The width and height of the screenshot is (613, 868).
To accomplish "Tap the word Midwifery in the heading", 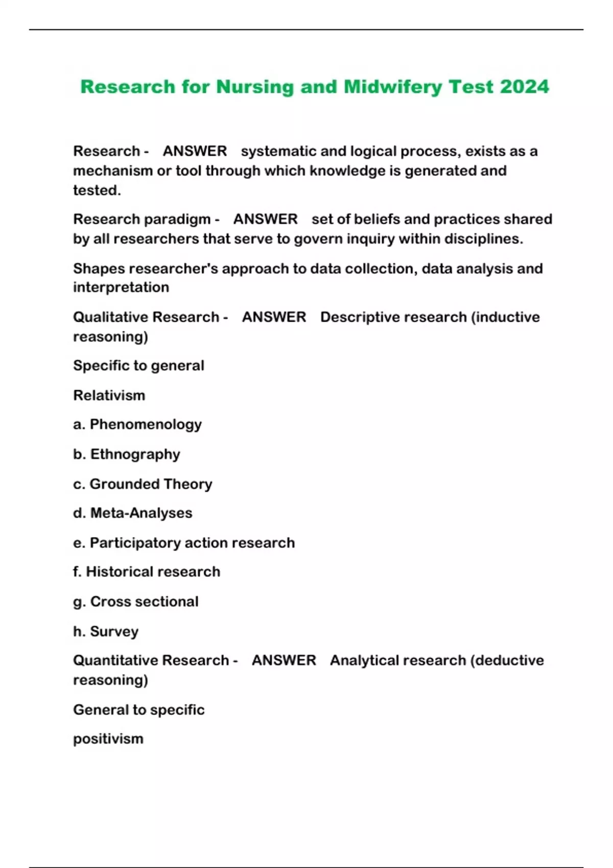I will click(393, 87).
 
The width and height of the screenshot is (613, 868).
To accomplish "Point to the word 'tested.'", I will click(97, 190).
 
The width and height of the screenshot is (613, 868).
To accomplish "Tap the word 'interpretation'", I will click(121, 287).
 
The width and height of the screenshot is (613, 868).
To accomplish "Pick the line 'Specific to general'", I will click(138, 366).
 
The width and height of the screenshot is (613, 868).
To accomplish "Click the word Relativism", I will click(109, 395).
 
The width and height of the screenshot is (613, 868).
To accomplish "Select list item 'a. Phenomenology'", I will click(137, 424).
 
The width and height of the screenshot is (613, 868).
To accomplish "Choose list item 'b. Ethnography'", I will click(127, 454).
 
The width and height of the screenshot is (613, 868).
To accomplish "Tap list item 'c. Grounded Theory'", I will click(143, 484).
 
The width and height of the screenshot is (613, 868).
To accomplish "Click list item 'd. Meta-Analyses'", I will click(133, 513).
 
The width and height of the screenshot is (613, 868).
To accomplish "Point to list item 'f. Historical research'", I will click(147, 571).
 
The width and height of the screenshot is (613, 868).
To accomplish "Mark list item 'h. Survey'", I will click(106, 631).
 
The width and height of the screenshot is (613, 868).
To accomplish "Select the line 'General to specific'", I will click(139, 710).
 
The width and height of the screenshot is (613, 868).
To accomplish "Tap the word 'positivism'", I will click(108, 739).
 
